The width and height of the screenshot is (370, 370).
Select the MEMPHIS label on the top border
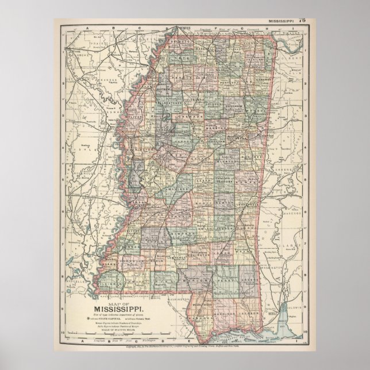[x=184, y=26]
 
